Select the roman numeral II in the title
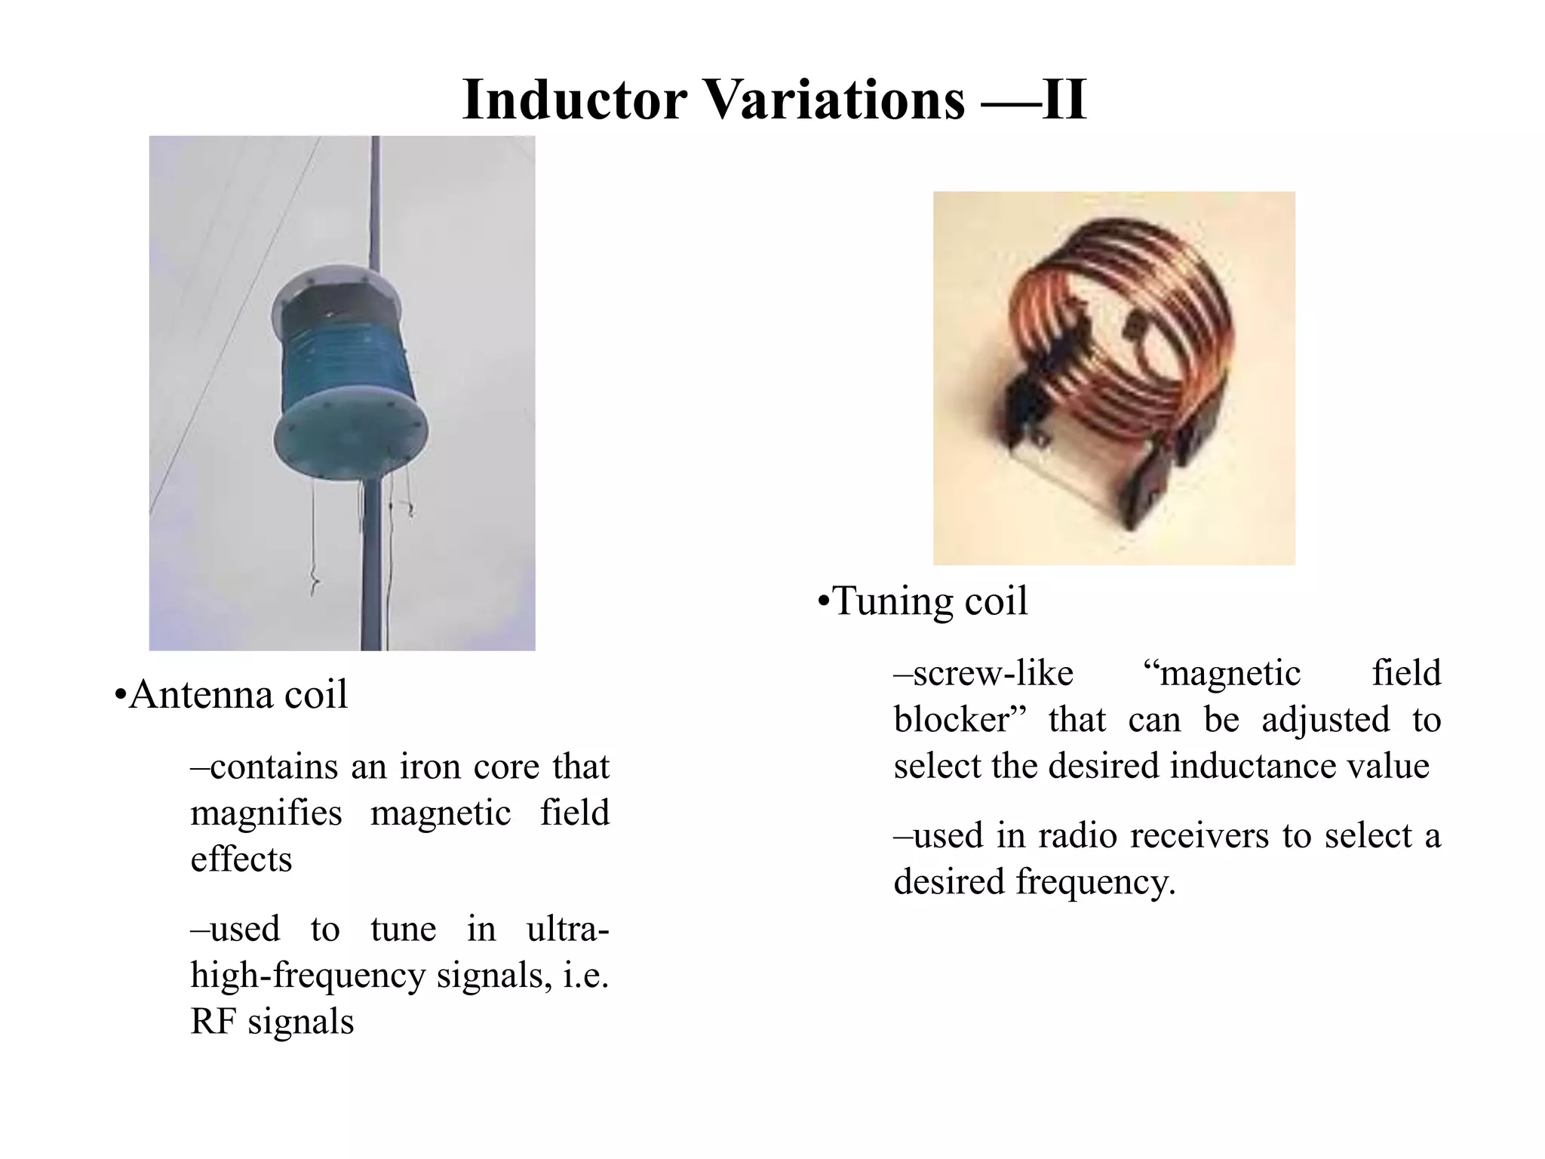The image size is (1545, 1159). [1064, 100]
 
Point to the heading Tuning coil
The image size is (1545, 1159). [930, 601]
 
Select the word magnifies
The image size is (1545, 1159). [266, 813]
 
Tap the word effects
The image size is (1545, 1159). [241, 859]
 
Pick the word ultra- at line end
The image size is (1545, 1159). [567, 928]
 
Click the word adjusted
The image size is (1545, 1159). [1325, 719]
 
